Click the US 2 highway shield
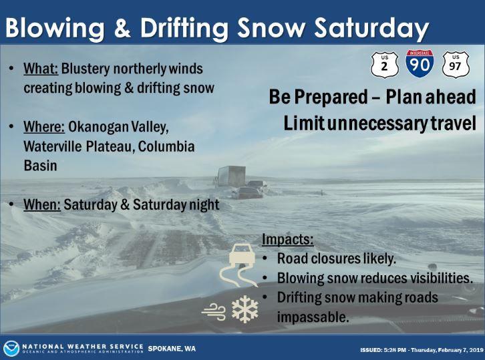coord(385,65)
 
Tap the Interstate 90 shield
coord(420,63)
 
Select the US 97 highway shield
coord(456,65)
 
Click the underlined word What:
coord(41,69)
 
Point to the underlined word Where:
coord(44,127)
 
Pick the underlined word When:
coord(42,204)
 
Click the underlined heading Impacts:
coord(288,239)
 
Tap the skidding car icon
coord(238,264)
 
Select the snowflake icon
coord(245,309)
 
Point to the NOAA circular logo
coord(11,349)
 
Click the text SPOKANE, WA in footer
coord(172,349)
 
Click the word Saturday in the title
coord(371,27)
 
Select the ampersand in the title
coord(122,27)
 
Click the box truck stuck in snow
coord(230,176)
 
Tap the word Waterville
coord(53,146)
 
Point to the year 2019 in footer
coord(476,350)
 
